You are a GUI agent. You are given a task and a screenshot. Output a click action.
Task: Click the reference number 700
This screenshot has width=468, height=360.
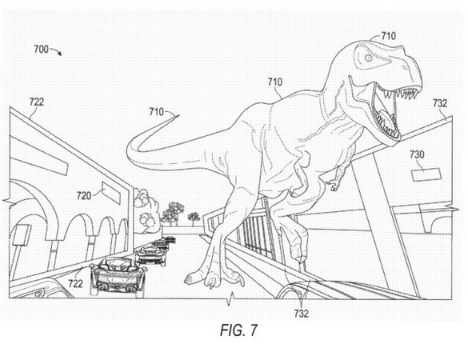click(41, 49)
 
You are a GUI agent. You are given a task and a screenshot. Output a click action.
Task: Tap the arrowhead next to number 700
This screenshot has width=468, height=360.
click(60, 54)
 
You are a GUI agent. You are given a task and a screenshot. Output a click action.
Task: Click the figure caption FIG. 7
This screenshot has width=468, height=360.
click(238, 330)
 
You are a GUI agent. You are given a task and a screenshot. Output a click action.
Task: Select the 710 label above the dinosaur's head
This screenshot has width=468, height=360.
click(389, 36)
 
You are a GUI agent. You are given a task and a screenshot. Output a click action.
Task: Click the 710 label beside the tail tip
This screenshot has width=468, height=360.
click(157, 112)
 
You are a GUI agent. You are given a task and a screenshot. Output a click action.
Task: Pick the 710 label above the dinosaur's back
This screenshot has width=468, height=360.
click(275, 82)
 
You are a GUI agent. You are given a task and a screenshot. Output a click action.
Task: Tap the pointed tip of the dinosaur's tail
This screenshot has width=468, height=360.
click(178, 115)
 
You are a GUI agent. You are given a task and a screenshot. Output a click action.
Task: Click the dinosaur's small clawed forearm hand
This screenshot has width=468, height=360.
click(336, 182)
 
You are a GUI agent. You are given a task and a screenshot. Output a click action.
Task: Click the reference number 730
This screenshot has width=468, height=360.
click(417, 154)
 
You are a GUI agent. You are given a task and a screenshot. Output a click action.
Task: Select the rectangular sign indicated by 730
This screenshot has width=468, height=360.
click(426, 175)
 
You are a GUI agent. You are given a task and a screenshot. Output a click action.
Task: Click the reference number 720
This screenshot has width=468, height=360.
click(84, 196)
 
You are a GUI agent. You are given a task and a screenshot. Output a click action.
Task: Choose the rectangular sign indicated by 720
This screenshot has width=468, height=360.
click(111, 193)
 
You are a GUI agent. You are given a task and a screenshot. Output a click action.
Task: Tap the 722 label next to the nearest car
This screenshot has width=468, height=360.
click(75, 283)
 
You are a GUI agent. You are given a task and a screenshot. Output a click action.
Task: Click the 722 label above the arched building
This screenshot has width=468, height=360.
click(37, 102)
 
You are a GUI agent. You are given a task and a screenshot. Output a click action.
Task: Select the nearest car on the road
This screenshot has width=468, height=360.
click(118, 277)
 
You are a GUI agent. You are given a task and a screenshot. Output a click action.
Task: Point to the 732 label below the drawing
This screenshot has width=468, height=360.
click(301, 314)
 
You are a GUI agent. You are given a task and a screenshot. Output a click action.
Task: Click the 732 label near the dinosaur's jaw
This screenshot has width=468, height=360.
click(440, 103)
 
